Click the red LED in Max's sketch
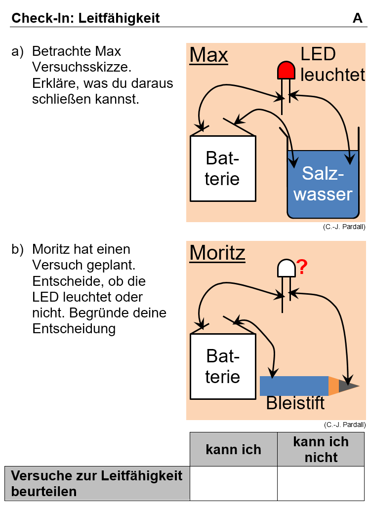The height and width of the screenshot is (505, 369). pyautogui.click(x=286, y=71)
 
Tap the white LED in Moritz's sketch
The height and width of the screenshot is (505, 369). pyautogui.click(x=286, y=268)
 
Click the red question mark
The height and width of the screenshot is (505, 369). pyautogui.click(x=302, y=267)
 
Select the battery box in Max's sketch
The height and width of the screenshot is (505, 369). pyautogui.click(x=223, y=168)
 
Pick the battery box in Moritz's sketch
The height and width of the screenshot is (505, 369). pyautogui.click(x=223, y=366)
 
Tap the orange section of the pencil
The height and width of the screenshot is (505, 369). pyautogui.click(x=334, y=386)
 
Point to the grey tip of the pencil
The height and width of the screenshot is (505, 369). pyautogui.click(x=348, y=386)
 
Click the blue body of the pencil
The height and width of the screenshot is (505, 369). pyautogui.click(x=294, y=386)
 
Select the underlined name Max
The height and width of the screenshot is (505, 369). pyautogui.click(x=208, y=55)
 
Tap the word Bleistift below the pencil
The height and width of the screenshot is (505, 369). pyautogui.click(x=295, y=403)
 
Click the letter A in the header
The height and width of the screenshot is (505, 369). pyautogui.click(x=358, y=18)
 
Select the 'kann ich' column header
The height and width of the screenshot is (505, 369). pyautogui.click(x=233, y=449)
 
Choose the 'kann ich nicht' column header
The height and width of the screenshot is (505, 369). pyautogui.click(x=321, y=449)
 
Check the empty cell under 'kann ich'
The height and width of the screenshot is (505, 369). pyautogui.click(x=233, y=483)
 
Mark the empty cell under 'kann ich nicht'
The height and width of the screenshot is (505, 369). pyautogui.click(x=321, y=483)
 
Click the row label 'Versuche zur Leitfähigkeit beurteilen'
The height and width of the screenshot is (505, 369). pyautogui.click(x=97, y=483)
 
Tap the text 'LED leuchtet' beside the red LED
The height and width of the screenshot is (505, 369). pyautogui.click(x=332, y=64)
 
